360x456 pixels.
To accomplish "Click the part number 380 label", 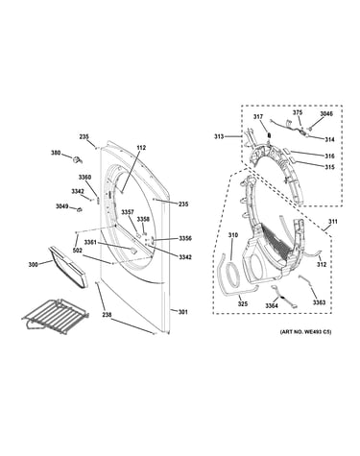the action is point(56,153).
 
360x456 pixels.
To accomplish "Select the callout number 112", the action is point(141,148).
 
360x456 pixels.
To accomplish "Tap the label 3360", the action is point(84,178).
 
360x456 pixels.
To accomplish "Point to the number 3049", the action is point(62,206).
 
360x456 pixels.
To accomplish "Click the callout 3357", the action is point(128,212).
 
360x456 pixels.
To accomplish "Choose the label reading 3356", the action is point(185,238).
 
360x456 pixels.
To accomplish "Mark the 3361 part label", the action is point(90,242).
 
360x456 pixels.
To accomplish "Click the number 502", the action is point(78,252).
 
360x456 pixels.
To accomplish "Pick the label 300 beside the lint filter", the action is point(33,265).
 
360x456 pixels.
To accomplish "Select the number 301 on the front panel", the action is point(182,312).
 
